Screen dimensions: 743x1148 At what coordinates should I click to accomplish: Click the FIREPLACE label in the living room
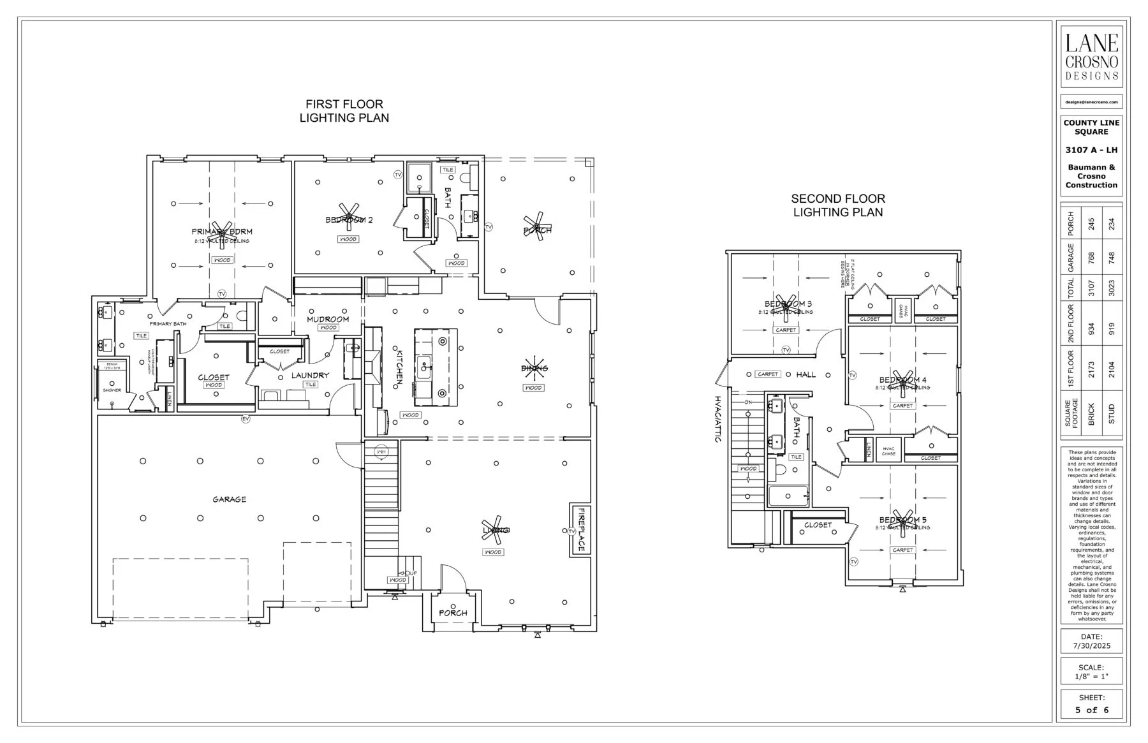pos(581,530)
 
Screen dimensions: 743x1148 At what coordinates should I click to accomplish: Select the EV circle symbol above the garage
pos(245,419)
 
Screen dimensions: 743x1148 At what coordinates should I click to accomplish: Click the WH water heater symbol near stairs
pos(381,452)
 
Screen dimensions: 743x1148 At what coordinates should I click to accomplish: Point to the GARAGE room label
pos(230,499)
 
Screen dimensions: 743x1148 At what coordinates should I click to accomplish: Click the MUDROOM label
pos(328,319)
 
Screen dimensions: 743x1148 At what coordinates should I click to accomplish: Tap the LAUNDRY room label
pos(310,376)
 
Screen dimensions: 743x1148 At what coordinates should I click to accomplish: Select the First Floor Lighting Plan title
pos(344,111)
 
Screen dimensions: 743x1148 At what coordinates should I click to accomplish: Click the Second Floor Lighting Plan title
pos(838,205)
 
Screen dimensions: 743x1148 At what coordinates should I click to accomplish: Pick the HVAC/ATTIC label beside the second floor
pos(717,418)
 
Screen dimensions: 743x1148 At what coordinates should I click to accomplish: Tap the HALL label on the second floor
pos(806,374)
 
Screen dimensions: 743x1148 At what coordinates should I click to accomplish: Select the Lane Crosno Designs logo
pos(1091,57)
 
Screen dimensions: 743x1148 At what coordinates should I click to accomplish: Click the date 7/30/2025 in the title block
pos(1091,646)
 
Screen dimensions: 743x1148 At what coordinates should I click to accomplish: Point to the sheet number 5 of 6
pos(1091,710)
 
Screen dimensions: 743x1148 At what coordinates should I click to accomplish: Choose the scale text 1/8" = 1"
pos(1091,677)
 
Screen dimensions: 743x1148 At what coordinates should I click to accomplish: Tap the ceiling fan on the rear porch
pos(538,226)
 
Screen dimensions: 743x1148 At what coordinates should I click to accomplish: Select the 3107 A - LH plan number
pos(1091,151)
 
